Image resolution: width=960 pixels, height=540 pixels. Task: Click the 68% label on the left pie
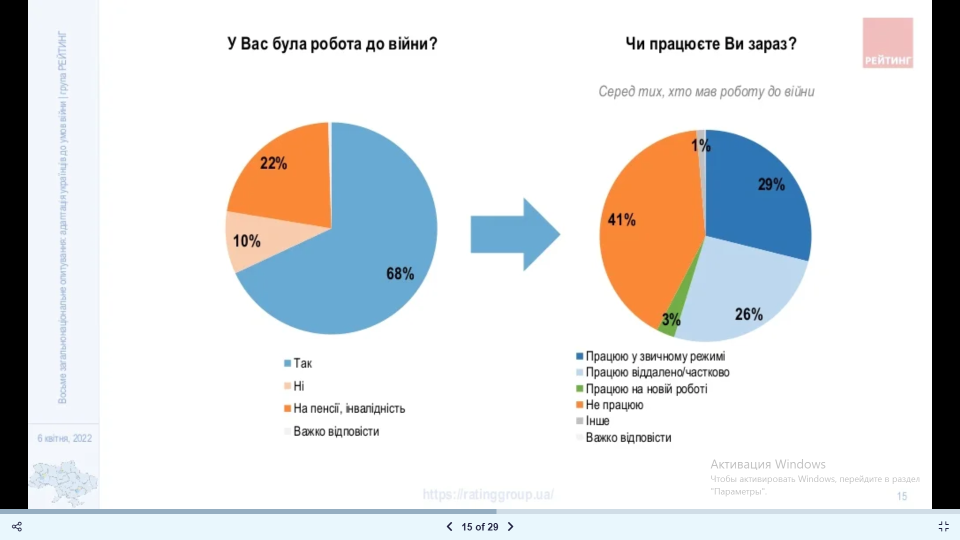point(400,273)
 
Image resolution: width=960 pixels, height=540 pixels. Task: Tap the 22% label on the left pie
point(273,163)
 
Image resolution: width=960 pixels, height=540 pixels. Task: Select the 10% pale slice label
point(246,241)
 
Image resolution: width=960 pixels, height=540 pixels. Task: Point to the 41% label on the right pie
point(621,219)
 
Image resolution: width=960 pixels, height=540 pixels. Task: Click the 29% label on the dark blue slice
point(771,184)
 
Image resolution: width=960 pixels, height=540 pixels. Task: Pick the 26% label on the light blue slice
point(748,314)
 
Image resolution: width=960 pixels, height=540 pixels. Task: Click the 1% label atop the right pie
point(701,145)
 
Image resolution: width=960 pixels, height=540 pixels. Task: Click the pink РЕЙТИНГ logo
point(887,43)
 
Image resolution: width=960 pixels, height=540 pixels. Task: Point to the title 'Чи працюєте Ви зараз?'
point(711,44)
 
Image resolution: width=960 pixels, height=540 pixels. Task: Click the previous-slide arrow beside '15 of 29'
point(449,526)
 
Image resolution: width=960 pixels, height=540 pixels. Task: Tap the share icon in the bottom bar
point(17,526)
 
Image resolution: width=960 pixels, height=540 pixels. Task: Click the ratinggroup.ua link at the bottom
point(488,494)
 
